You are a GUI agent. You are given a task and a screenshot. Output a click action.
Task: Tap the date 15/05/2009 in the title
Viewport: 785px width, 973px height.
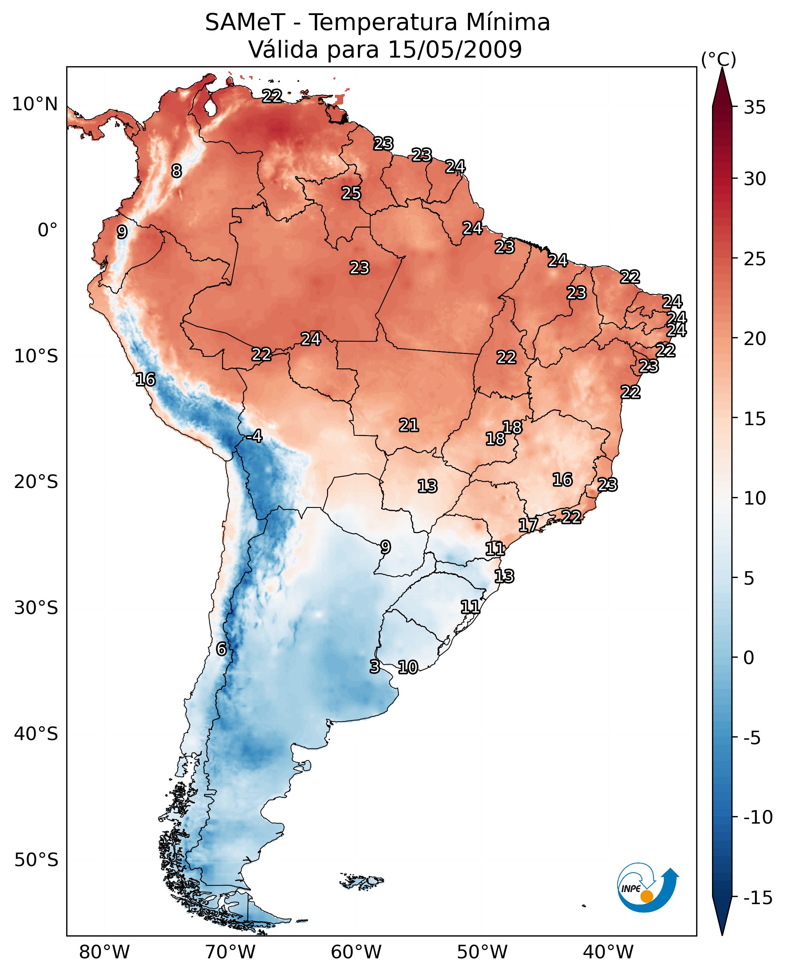tap(455, 49)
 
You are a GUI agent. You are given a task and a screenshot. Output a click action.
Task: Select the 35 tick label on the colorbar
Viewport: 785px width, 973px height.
tap(755, 108)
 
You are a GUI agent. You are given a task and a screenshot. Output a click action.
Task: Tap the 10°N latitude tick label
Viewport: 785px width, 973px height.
tap(35, 105)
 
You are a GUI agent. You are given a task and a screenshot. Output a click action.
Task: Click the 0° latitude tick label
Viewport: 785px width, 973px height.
tap(47, 230)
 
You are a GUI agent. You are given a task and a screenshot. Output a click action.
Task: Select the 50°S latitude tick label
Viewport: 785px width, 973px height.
tap(36, 859)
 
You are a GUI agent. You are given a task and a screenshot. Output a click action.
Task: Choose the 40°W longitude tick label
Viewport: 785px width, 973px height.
tap(608, 952)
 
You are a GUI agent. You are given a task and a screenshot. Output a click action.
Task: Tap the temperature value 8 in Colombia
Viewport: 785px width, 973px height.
tap(176, 171)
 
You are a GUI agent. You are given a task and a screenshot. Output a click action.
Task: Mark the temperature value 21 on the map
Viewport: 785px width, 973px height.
tap(409, 425)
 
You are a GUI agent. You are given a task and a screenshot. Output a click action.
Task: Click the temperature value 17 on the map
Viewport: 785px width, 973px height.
tap(528, 525)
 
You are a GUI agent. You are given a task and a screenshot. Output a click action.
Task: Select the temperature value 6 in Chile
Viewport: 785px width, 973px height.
tap(221, 649)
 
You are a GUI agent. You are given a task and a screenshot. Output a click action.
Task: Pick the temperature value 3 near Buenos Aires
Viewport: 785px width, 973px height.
tap(374, 666)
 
